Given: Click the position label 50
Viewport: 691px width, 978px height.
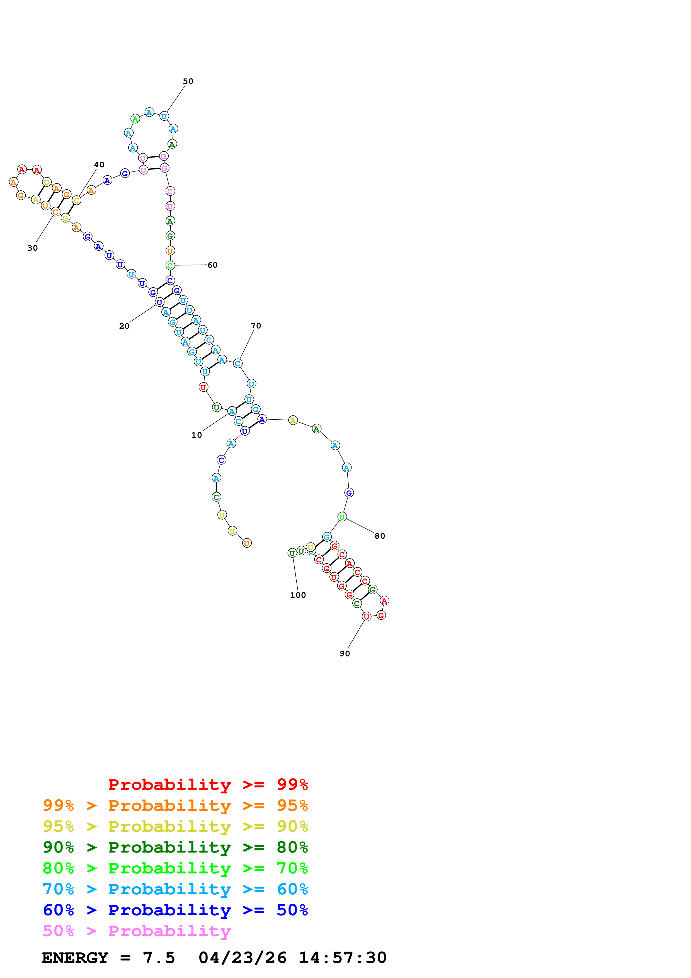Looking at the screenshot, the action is point(188,81).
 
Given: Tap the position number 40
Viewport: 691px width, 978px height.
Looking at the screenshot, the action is point(99,165).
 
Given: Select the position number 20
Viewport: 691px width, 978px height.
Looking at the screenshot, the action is point(124,326).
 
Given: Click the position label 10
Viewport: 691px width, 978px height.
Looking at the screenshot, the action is point(197,435).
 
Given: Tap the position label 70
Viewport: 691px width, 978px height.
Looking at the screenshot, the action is point(256,326).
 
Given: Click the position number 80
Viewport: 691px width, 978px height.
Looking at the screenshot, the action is point(380,536).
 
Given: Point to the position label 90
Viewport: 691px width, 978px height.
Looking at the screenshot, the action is point(345,654).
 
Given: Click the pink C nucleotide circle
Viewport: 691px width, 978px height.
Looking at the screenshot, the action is point(170,191).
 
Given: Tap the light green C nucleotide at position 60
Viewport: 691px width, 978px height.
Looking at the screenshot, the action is point(170,266).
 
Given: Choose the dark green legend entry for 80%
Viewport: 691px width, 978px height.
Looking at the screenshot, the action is point(175,848).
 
